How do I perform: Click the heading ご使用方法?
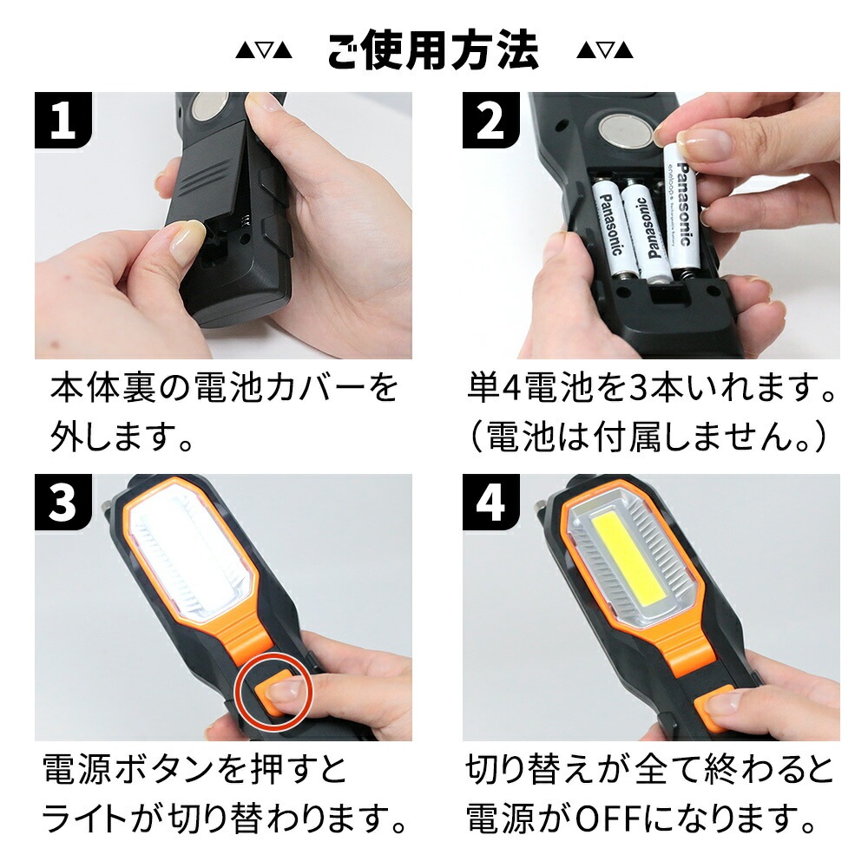[433, 51]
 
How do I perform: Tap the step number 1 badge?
[62, 120]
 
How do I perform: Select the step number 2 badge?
[490, 120]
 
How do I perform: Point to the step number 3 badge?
[62, 502]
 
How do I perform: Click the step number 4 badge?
[490, 502]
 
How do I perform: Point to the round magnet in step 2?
[624, 129]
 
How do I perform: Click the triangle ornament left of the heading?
[264, 51]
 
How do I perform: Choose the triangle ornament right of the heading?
[604, 51]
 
